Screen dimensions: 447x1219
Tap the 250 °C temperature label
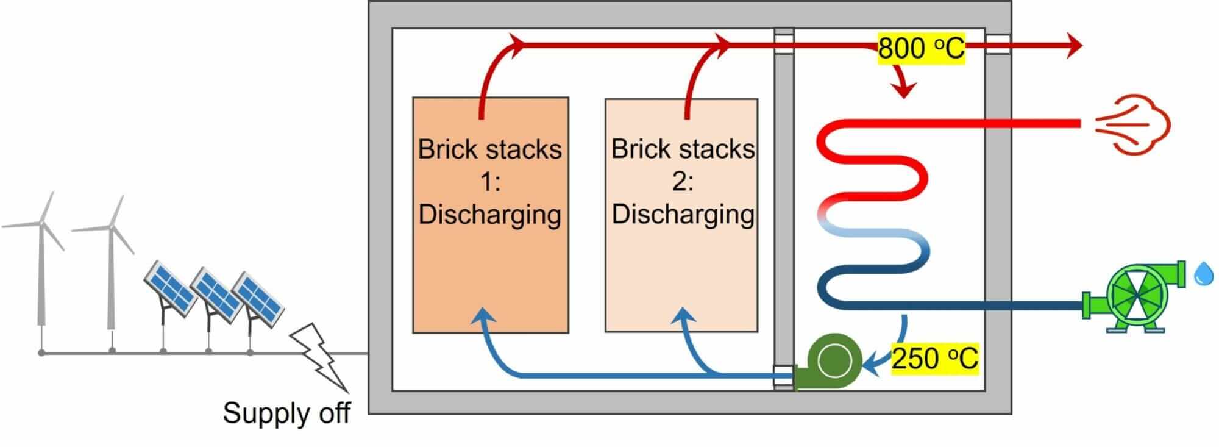pyautogui.click(x=934, y=358)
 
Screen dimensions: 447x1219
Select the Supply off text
pyautogui.click(x=286, y=413)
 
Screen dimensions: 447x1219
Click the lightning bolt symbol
pyautogui.click(x=320, y=356)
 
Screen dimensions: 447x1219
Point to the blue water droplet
pyautogui.click(x=1203, y=274)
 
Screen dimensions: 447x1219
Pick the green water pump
pyautogui.click(x=1134, y=298)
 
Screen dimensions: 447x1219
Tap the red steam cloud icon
pyautogui.click(x=1134, y=124)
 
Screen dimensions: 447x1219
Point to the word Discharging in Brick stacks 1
pyautogui.click(x=490, y=215)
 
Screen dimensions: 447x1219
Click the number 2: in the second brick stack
pyautogui.click(x=682, y=182)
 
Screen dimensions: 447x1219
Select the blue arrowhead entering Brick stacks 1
pyautogui.click(x=484, y=315)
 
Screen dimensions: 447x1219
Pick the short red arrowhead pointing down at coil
pyautogui.click(x=904, y=90)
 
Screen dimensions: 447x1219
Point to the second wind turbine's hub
pyautogui.click(x=112, y=227)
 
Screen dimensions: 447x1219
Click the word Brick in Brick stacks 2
pyautogui.click(x=639, y=149)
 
